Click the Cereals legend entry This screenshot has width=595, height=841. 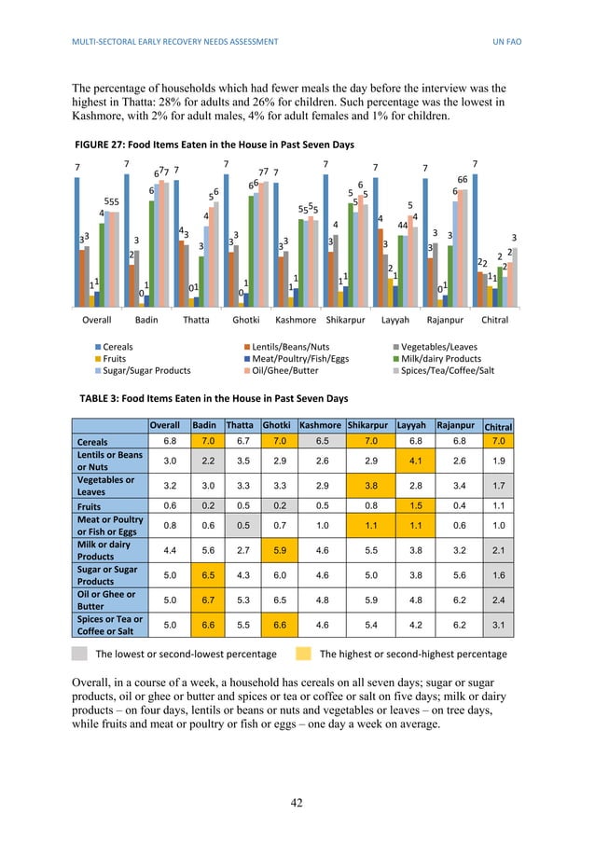point(117,347)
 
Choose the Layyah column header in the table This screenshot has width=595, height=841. point(411,425)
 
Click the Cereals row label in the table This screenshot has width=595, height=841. point(94,441)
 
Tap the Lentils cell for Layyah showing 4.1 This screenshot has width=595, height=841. point(411,460)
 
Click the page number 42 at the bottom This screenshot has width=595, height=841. point(297,801)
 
